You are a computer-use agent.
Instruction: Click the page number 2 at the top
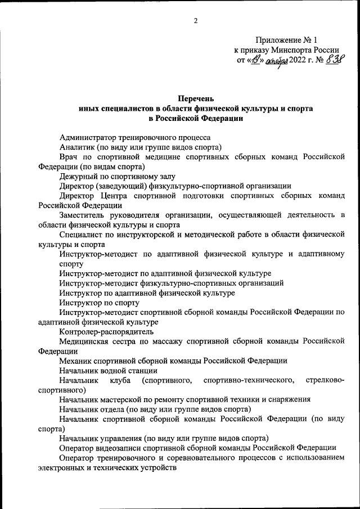[195, 21]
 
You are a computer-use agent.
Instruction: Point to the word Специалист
[82, 235]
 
